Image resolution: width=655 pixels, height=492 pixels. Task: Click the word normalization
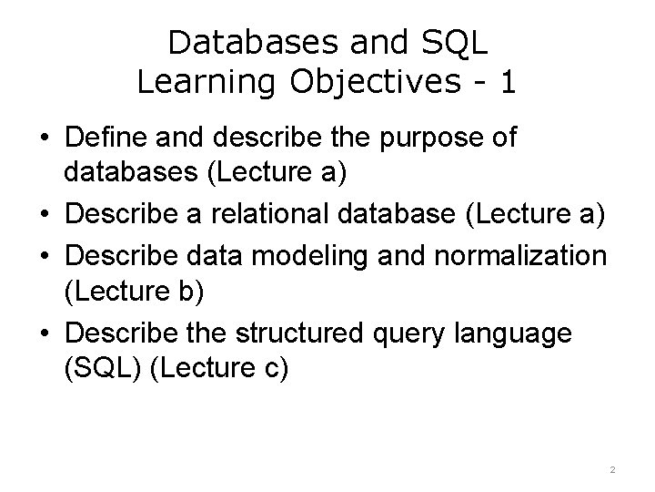click(x=527, y=256)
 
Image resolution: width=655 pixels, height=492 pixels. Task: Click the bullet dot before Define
click(x=43, y=139)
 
